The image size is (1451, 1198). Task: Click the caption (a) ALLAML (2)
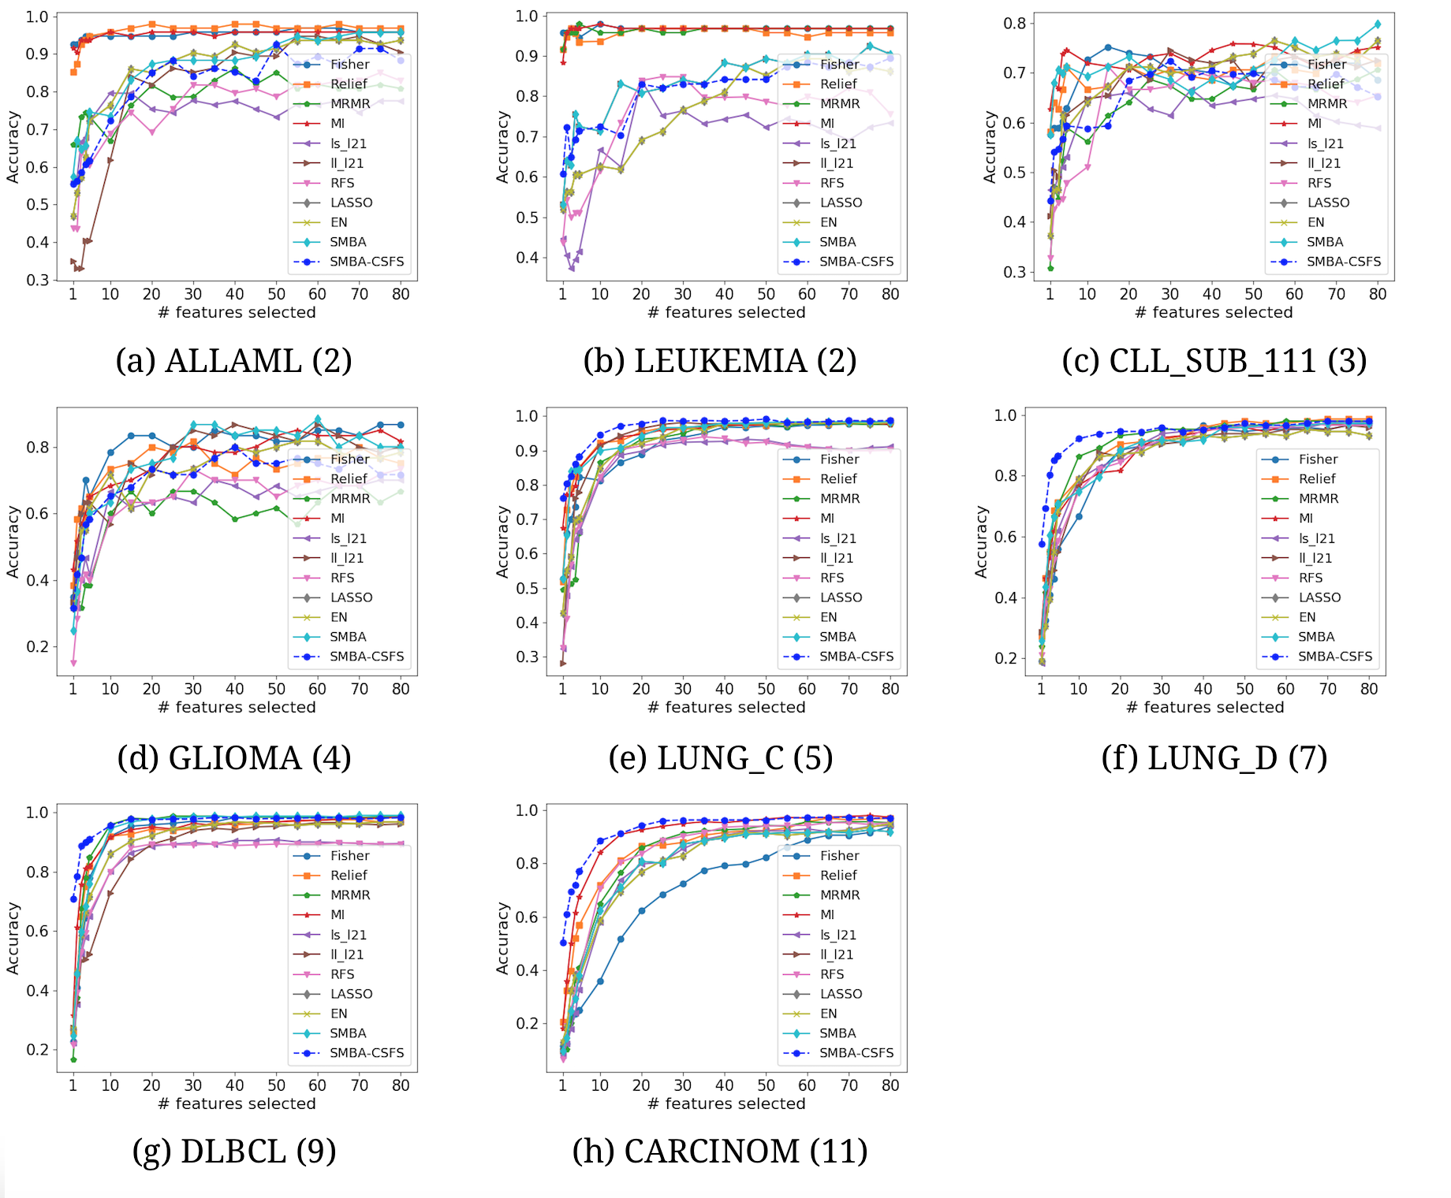pyautogui.click(x=233, y=361)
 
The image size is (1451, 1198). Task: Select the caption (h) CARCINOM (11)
pyautogui.click(x=720, y=1151)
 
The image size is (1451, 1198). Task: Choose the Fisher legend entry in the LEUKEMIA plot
pyautogui.click(x=839, y=65)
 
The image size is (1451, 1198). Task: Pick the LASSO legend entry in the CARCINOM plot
pyautogui.click(x=841, y=994)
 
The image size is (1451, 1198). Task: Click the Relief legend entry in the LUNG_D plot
pyautogui.click(x=1317, y=478)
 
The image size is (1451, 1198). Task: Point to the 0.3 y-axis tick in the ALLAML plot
pyautogui.click(x=38, y=280)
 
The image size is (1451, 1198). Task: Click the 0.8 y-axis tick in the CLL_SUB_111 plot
pyautogui.click(x=1014, y=24)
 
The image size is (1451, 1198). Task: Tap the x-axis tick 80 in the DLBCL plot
pyautogui.click(x=401, y=1085)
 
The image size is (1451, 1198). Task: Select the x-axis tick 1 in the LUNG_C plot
pyautogui.click(x=562, y=689)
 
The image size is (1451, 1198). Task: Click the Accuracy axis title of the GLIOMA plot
pyautogui.click(x=13, y=541)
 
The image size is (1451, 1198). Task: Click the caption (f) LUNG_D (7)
pyautogui.click(x=1214, y=758)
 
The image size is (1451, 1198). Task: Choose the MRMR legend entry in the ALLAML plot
pyautogui.click(x=350, y=104)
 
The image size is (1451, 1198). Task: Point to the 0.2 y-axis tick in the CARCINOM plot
pyautogui.click(x=528, y=1023)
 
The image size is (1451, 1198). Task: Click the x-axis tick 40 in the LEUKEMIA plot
pyautogui.click(x=724, y=294)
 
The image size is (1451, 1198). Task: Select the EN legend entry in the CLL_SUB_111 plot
pyautogui.click(x=1316, y=222)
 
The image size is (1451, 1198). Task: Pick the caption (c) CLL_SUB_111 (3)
pyautogui.click(x=1214, y=361)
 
